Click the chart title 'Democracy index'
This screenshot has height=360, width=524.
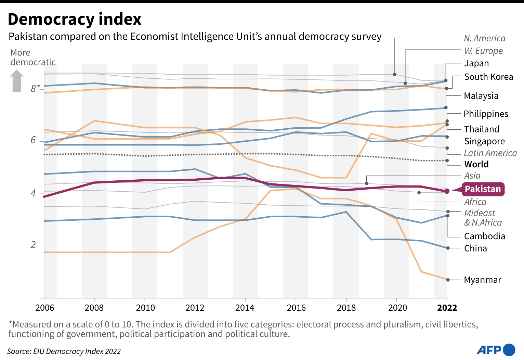pos(75,20)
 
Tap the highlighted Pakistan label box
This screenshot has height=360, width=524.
pos(482,189)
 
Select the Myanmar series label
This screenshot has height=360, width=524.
pos(482,280)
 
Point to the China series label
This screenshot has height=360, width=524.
pos(475,248)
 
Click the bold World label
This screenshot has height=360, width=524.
pos(476,164)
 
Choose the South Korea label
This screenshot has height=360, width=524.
pos(488,77)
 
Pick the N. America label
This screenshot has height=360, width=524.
pos(484,38)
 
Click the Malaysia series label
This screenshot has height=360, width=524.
pos(481,96)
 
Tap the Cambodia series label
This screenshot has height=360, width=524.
pos(484,236)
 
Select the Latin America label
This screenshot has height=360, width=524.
pos(490,153)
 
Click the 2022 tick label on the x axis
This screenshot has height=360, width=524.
pos(447,308)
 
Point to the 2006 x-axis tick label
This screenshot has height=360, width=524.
pos(45,308)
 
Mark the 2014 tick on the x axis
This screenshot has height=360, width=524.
pos(245,308)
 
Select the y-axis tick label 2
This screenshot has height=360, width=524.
pos(33,245)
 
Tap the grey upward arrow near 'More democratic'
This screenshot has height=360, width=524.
pos(17,81)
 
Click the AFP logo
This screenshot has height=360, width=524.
pos(496,350)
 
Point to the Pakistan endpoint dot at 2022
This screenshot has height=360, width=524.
pos(447,191)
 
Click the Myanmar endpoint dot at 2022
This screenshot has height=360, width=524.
pos(448,280)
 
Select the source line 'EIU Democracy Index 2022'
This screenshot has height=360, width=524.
pos(64,351)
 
